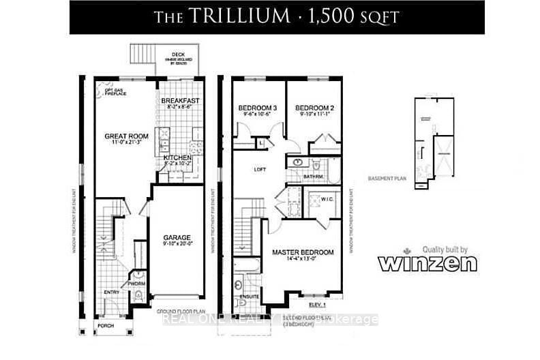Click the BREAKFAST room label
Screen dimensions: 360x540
pyautogui.click(x=181, y=100)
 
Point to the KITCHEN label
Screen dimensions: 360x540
pyautogui.click(x=177, y=157)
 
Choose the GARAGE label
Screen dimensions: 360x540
pyautogui.click(x=176, y=237)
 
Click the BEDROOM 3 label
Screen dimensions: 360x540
pyautogui.click(x=257, y=108)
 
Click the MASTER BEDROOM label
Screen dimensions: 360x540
pyautogui.click(x=303, y=252)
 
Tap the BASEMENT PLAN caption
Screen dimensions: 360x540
pyautogui.click(x=387, y=179)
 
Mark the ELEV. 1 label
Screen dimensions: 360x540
pyautogui.click(x=318, y=304)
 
